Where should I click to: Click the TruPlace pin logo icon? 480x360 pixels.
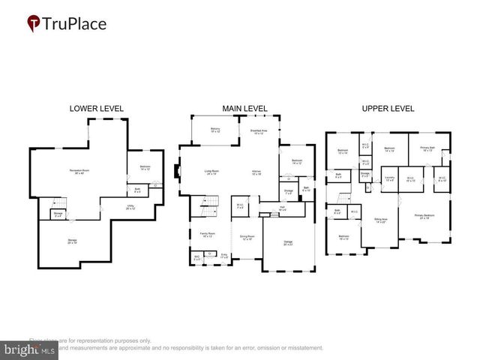tap(34, 23)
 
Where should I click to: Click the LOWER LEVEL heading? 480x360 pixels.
tap(96, 108)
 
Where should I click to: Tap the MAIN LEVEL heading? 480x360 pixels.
tap(243, 108)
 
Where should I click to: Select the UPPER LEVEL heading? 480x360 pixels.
tap(388, 108)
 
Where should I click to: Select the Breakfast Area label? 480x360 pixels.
tap(259, 132)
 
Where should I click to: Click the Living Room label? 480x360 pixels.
tap(212, 172)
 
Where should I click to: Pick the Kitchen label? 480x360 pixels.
tap(256, 172)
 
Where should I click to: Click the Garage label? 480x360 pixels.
tap(288, 242)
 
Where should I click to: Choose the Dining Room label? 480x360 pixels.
tap(247, 238)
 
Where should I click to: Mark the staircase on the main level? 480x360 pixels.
tap(208, 204)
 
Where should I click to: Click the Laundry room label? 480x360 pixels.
tap(389, 179)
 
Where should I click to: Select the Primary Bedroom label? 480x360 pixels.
tap(425, 216)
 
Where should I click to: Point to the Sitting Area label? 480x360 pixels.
tap(380, 221)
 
